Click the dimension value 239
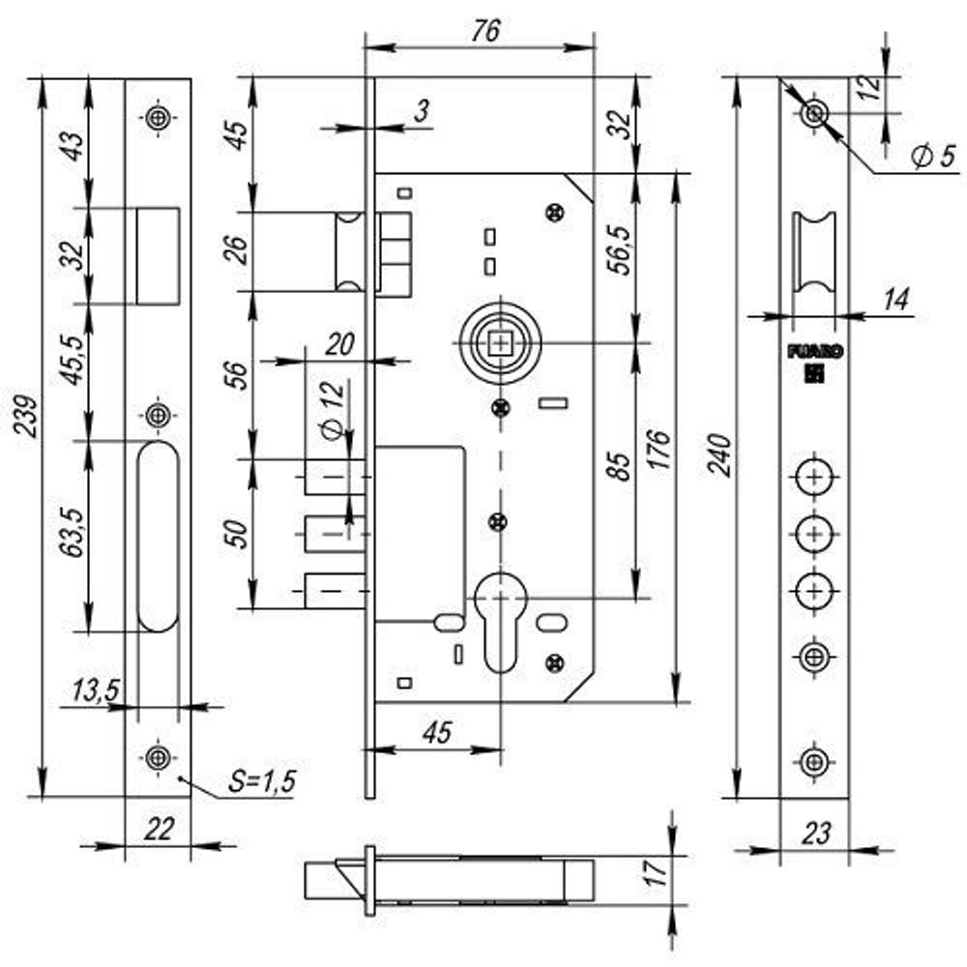coord(28,416)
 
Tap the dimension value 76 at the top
coord(484,31)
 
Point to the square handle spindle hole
coord(500,343)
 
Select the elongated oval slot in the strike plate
coord(158,537)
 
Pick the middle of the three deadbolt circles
coord(814,533)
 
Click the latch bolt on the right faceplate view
coord(813,256)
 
